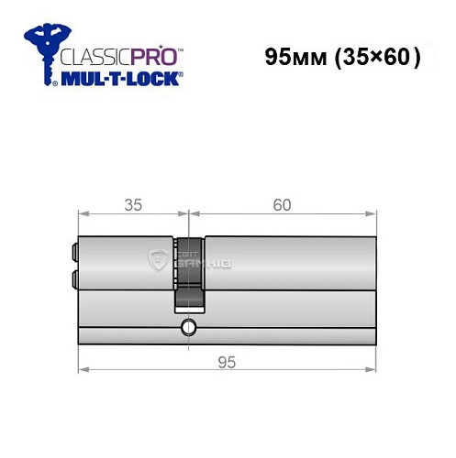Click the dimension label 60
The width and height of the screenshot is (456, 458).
[282, 204]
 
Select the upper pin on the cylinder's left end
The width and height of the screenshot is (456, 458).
[72, 250]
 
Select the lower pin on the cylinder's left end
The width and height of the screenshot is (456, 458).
[72, 276]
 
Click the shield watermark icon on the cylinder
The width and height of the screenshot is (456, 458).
[157, 261]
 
